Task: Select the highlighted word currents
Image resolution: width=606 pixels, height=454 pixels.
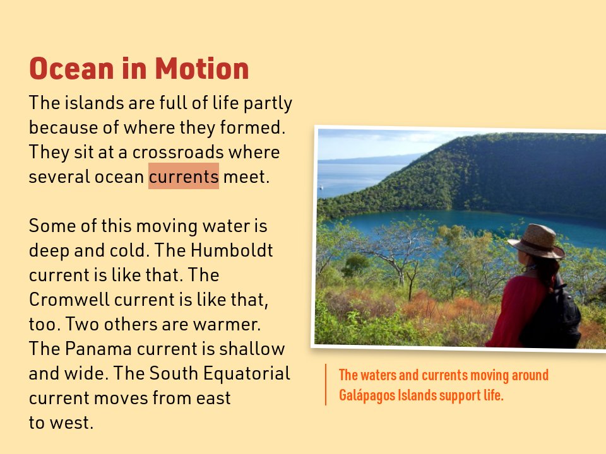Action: (x=184, y=177)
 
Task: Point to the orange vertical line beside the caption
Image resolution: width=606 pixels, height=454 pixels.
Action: (x=326, y=385)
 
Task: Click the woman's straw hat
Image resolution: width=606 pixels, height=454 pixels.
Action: (x=537, y=241)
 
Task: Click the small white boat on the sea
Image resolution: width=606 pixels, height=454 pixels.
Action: (x=321, y=187)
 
